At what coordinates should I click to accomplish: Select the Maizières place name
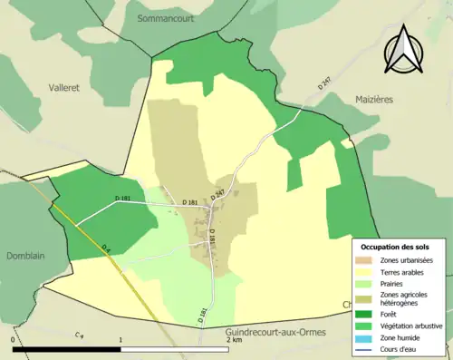(x=381, y=100)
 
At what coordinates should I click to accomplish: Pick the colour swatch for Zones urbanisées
(x=368, y=260)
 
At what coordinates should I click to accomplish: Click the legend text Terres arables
(x=405, y=271)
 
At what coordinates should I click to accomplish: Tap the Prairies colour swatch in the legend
(x=368, y=283)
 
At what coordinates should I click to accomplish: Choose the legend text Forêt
(x=392, y=315)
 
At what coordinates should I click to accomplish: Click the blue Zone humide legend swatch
(x=368, y=338)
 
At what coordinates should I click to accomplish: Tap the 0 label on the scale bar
(x=14, y=341)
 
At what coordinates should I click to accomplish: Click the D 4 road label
(x=106, y=248)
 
